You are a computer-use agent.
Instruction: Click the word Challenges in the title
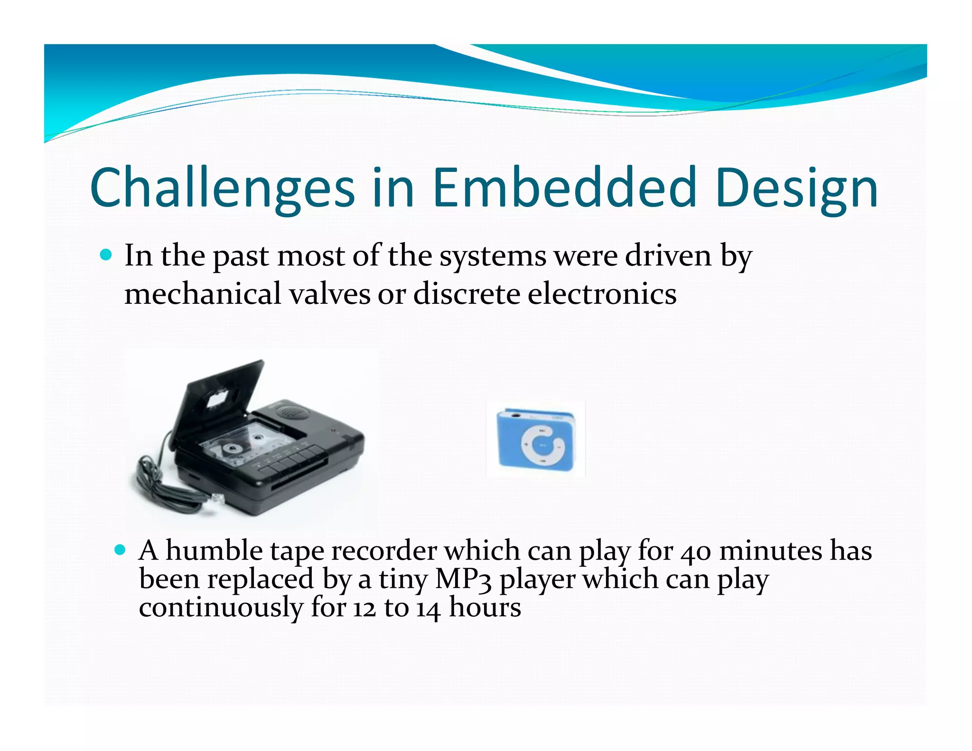point(222,188)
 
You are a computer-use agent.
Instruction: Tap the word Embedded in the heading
point(564,188)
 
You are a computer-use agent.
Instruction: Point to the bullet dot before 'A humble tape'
point(120,550)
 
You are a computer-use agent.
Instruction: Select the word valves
point(329,294)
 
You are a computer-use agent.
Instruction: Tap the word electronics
point(602,294)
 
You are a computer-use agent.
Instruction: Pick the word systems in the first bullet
point(493,256)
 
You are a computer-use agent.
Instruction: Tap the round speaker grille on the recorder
point(292,411)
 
